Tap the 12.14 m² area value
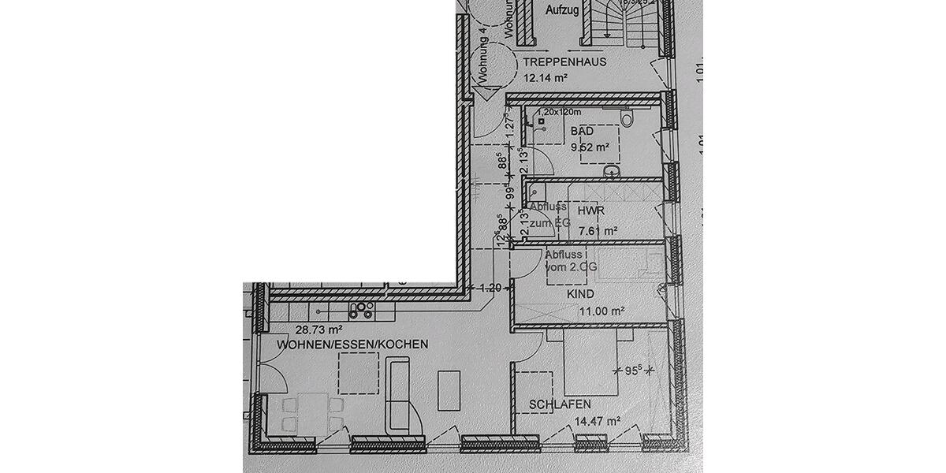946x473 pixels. tap(546, 77)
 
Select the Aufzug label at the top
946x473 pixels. tap(562, 10)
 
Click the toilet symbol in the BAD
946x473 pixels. tap(628, 119)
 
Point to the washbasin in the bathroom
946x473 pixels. tap(611, 170)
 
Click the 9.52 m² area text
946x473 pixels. tap(590, 147)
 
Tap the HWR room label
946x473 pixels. tap(590, 212)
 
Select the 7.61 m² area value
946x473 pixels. tap(597, 231)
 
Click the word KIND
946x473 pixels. tap(579, 294)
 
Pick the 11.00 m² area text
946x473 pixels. tap(602, 311)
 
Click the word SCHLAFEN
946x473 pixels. tap(560, 404)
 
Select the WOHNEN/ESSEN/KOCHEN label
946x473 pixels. tap(352, 345)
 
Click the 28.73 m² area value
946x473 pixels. tap(318, 330)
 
